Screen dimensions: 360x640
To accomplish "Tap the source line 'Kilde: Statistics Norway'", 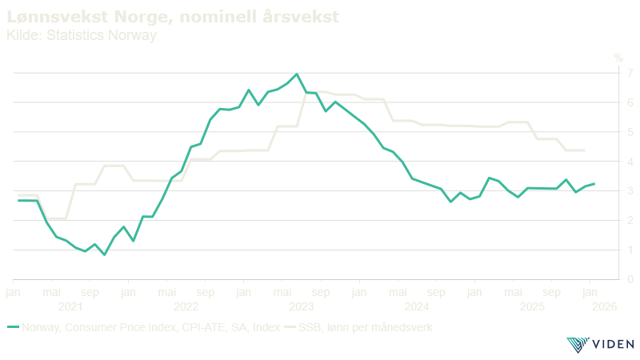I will (80, 35).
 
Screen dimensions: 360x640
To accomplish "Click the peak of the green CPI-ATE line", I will (297, 74).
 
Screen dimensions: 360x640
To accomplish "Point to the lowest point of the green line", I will (104, 254).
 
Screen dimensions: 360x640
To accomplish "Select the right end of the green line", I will (594, 184).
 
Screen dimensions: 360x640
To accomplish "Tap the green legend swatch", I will (12, 327).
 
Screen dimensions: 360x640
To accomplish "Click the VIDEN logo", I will (600, 345).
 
